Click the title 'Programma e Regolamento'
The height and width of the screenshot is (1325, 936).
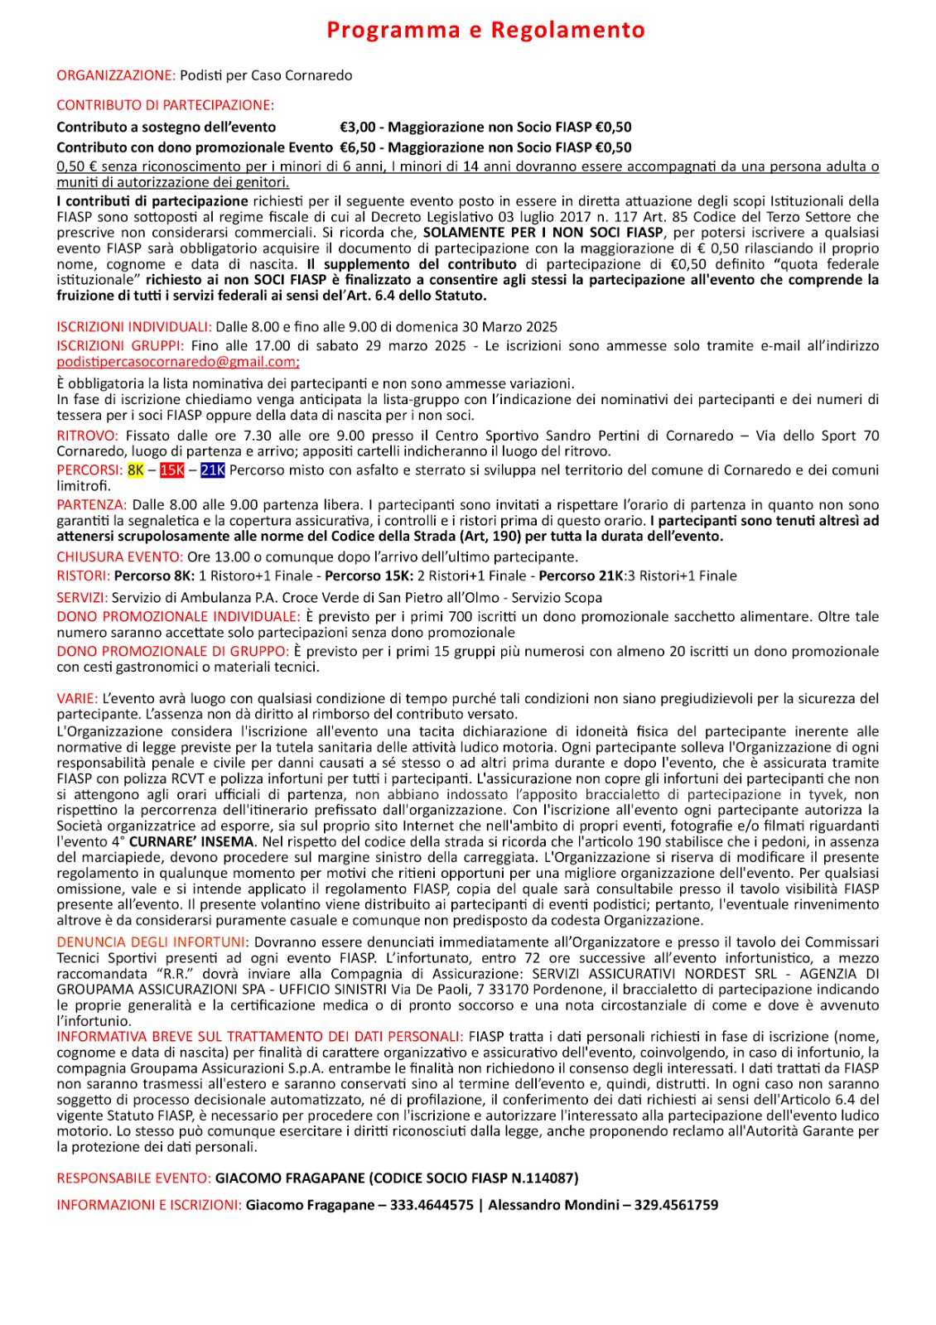[x=485, y=30]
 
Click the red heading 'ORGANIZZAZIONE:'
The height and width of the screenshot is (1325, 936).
[x=116, y=75]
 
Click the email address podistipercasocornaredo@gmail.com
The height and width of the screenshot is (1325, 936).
[x=177, y=362]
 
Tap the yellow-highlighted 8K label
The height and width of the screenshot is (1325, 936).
[x=136, y=470]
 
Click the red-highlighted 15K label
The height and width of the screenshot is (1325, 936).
[x=172, y=470]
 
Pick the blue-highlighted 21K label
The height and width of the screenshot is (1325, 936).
[x=213, y=470]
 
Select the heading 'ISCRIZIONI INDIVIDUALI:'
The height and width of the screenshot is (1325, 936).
[x=134, y=327]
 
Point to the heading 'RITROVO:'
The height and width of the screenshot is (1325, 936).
[x=88, y=436]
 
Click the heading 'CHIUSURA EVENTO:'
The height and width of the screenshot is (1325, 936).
[x=119, y=556]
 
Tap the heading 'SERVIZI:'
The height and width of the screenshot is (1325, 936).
[x=82, y=597]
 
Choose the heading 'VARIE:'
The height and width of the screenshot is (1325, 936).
[x=77, y=698]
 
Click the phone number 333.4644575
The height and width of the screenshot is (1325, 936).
[x=432, y=1205]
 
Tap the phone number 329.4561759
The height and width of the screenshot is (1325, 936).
[x=676, y=1205]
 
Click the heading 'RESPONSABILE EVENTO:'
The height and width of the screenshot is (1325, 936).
[x=134, y=1178]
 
